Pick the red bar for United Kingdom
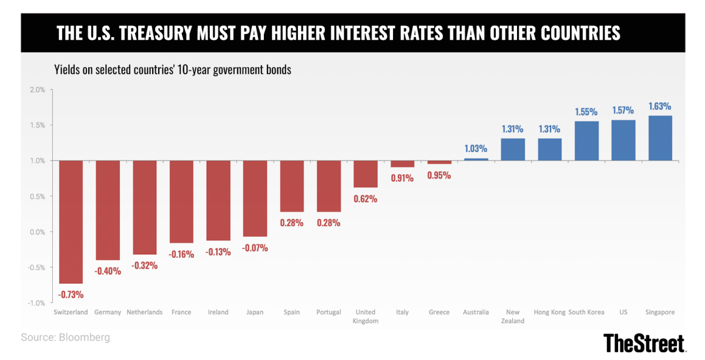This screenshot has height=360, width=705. point(365,174)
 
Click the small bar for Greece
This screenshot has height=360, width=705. point(439,162)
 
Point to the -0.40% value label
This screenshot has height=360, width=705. point(108,271)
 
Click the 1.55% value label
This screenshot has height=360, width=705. point(586,112)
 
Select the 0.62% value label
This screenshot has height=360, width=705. point(365,198)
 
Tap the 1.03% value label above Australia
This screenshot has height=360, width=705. point(476,149)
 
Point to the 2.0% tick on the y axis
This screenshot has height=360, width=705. point(36,90)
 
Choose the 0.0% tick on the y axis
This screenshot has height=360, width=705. point(36,232)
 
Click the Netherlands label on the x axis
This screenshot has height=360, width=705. point(145,312)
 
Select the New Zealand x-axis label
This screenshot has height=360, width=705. point(513,317)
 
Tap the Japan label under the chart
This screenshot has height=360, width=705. point(255,312)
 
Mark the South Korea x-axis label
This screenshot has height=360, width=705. point(586,312)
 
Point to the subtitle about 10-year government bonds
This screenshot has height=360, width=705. point(173,70)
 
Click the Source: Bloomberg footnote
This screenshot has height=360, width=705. point(65,338)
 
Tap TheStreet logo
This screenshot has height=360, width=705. point(644,342)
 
